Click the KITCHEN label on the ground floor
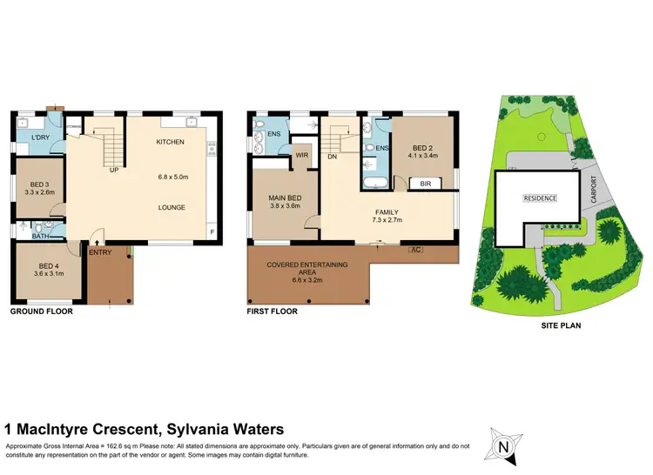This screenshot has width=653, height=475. (x=170, y=142)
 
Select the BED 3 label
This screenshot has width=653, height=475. (x=39, y=185)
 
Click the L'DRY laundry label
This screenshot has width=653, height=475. (x=39, y=139)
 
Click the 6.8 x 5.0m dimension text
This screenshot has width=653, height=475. (x=173, y=177)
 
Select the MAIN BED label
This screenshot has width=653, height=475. (x=284, y=198)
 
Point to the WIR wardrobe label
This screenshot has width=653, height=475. (x=302, y=157)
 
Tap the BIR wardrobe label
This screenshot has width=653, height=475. (x=426, y=184)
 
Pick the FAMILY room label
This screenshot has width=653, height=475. (x=387, y=211)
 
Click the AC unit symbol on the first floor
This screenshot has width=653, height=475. (x=416, y=251)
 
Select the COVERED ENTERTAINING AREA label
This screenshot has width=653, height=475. (x=307, y=264)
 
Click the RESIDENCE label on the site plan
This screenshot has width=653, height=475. (x=539, y=197)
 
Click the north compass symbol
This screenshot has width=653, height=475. (x=503, y=447)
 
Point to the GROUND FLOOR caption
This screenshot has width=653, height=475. (x=40, y=311)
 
